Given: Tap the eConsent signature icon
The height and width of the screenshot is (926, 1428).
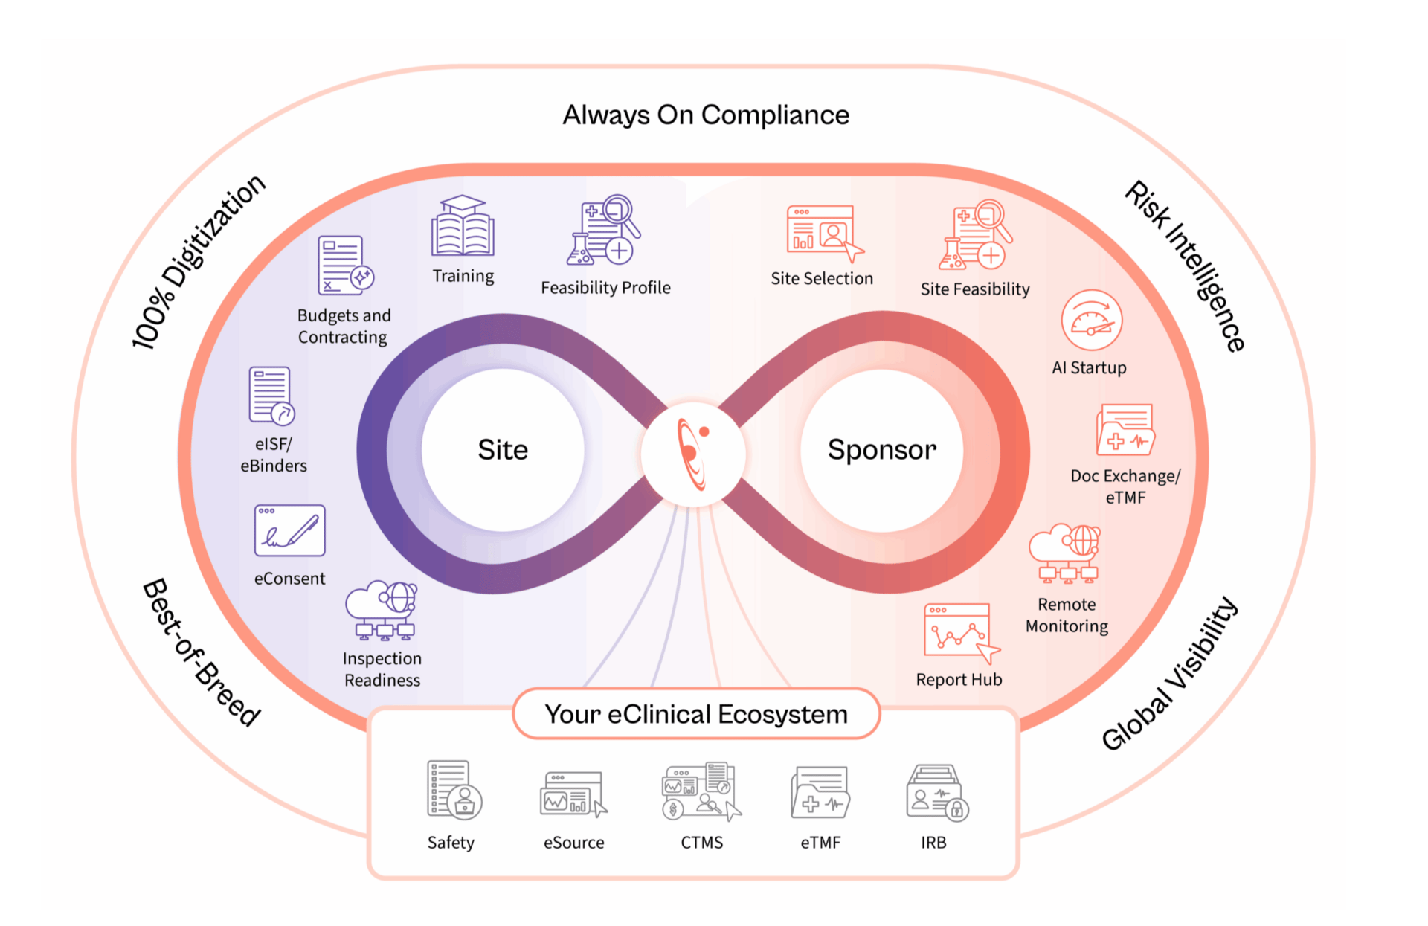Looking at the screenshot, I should tap(289, 530).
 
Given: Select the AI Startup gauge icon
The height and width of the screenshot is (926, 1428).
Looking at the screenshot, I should tap(1091, 321).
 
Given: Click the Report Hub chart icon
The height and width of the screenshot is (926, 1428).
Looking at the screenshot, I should tap(960, 632).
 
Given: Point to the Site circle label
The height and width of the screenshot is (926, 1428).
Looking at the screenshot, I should tap(503, 450).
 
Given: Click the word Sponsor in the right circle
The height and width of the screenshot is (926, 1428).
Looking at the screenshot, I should tap(882, 450).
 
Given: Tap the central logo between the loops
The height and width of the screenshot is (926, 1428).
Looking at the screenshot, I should tap(693, 454).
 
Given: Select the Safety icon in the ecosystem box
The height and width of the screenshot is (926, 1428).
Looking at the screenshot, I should tap(454, 790).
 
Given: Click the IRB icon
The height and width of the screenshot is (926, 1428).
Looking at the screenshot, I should tap(936, 793).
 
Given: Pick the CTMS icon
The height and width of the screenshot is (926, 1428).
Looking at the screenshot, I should tap(701, 791).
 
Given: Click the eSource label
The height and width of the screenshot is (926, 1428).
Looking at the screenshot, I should tap(573, 843).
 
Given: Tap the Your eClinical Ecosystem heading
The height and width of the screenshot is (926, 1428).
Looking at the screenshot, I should tap(696, 714).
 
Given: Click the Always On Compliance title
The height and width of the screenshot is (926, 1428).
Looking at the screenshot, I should tap(706, 115).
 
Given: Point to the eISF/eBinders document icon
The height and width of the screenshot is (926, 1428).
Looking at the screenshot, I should tap(271, 395).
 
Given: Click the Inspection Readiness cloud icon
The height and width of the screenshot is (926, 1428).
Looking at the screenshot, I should tap(382, 610).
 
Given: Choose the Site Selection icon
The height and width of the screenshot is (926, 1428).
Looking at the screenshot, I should tap(823, 233).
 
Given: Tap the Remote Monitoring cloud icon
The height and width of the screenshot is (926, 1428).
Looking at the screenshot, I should tap(1064, 553).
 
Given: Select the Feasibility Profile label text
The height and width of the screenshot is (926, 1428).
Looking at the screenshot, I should tap(605, 288).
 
